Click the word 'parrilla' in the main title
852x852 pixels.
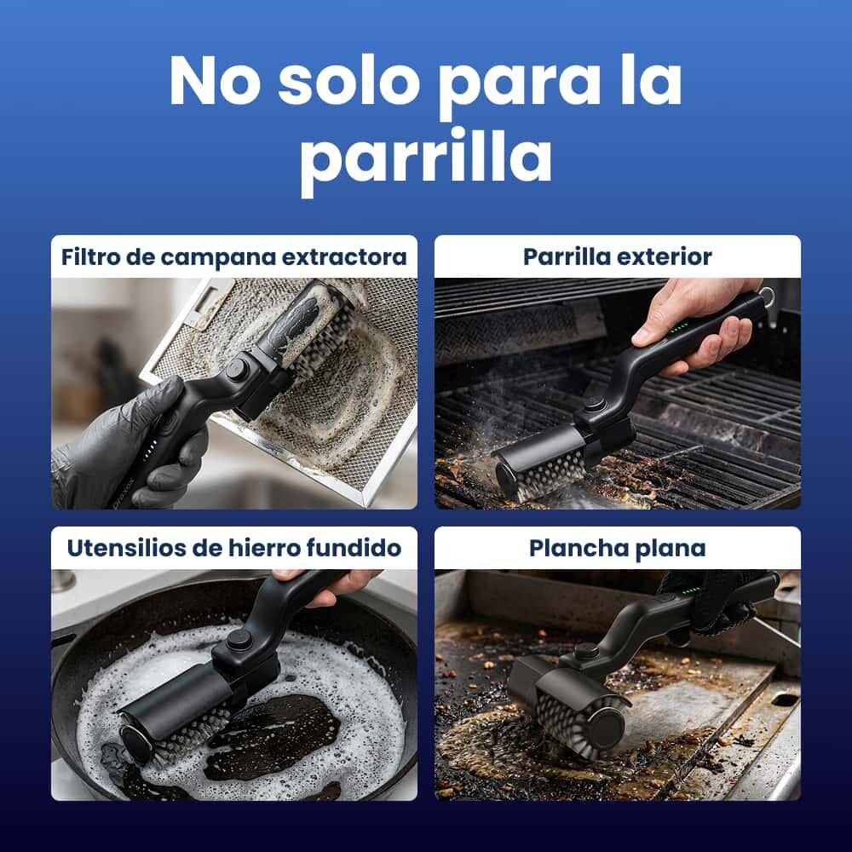coord(427,159)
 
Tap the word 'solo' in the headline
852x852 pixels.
coord(348,80)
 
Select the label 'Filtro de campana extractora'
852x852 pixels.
coord(234,256)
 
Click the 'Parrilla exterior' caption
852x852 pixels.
coord(617,257)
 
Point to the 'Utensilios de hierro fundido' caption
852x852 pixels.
coord(234,548)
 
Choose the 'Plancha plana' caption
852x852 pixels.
coord(617,548)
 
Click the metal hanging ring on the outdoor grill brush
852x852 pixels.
coord(767,297)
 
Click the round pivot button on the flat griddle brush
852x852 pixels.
coord(586,650)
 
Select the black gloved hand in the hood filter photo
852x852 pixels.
coord(128,443)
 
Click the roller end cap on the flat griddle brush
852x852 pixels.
coord(607,729)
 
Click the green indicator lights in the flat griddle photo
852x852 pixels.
coord(691,590)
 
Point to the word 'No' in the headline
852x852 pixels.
coord(215,80)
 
